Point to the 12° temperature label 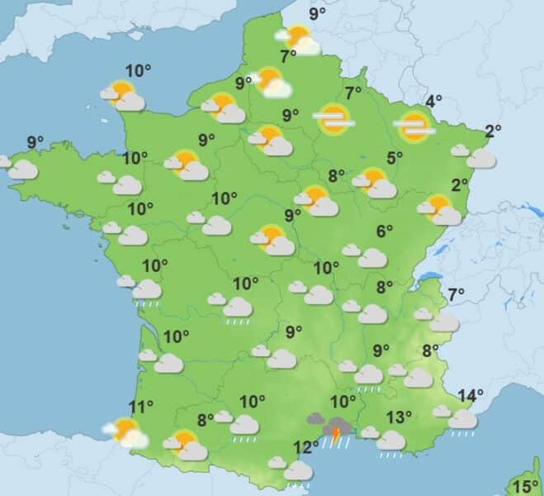(x=305, y=447)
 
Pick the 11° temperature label (x=141, y=406)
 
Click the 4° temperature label (x=433, y=103)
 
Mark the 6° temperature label (x=384, y=232)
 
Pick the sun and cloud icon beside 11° (x=125, y=432)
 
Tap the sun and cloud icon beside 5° (x=375, y=184)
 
